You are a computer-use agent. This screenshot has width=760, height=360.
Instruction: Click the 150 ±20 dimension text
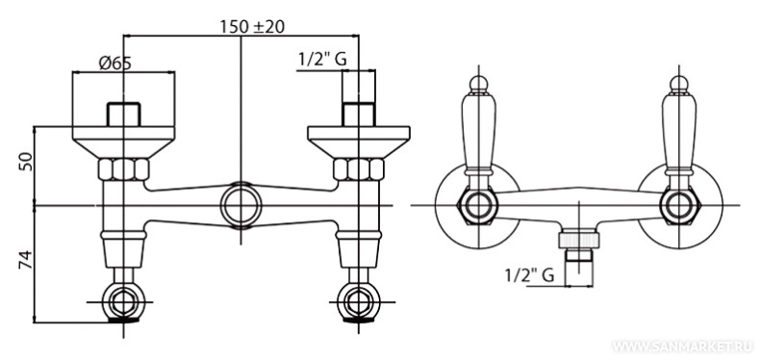252,27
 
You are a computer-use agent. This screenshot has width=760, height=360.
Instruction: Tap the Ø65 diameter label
115,64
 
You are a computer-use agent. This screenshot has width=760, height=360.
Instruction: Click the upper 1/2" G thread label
322,59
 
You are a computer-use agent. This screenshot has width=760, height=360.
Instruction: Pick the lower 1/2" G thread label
529,275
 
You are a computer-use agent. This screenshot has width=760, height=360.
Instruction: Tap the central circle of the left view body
241,205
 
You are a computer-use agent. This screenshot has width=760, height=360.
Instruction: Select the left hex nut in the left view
123,169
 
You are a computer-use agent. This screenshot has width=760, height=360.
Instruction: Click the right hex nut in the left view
359,169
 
